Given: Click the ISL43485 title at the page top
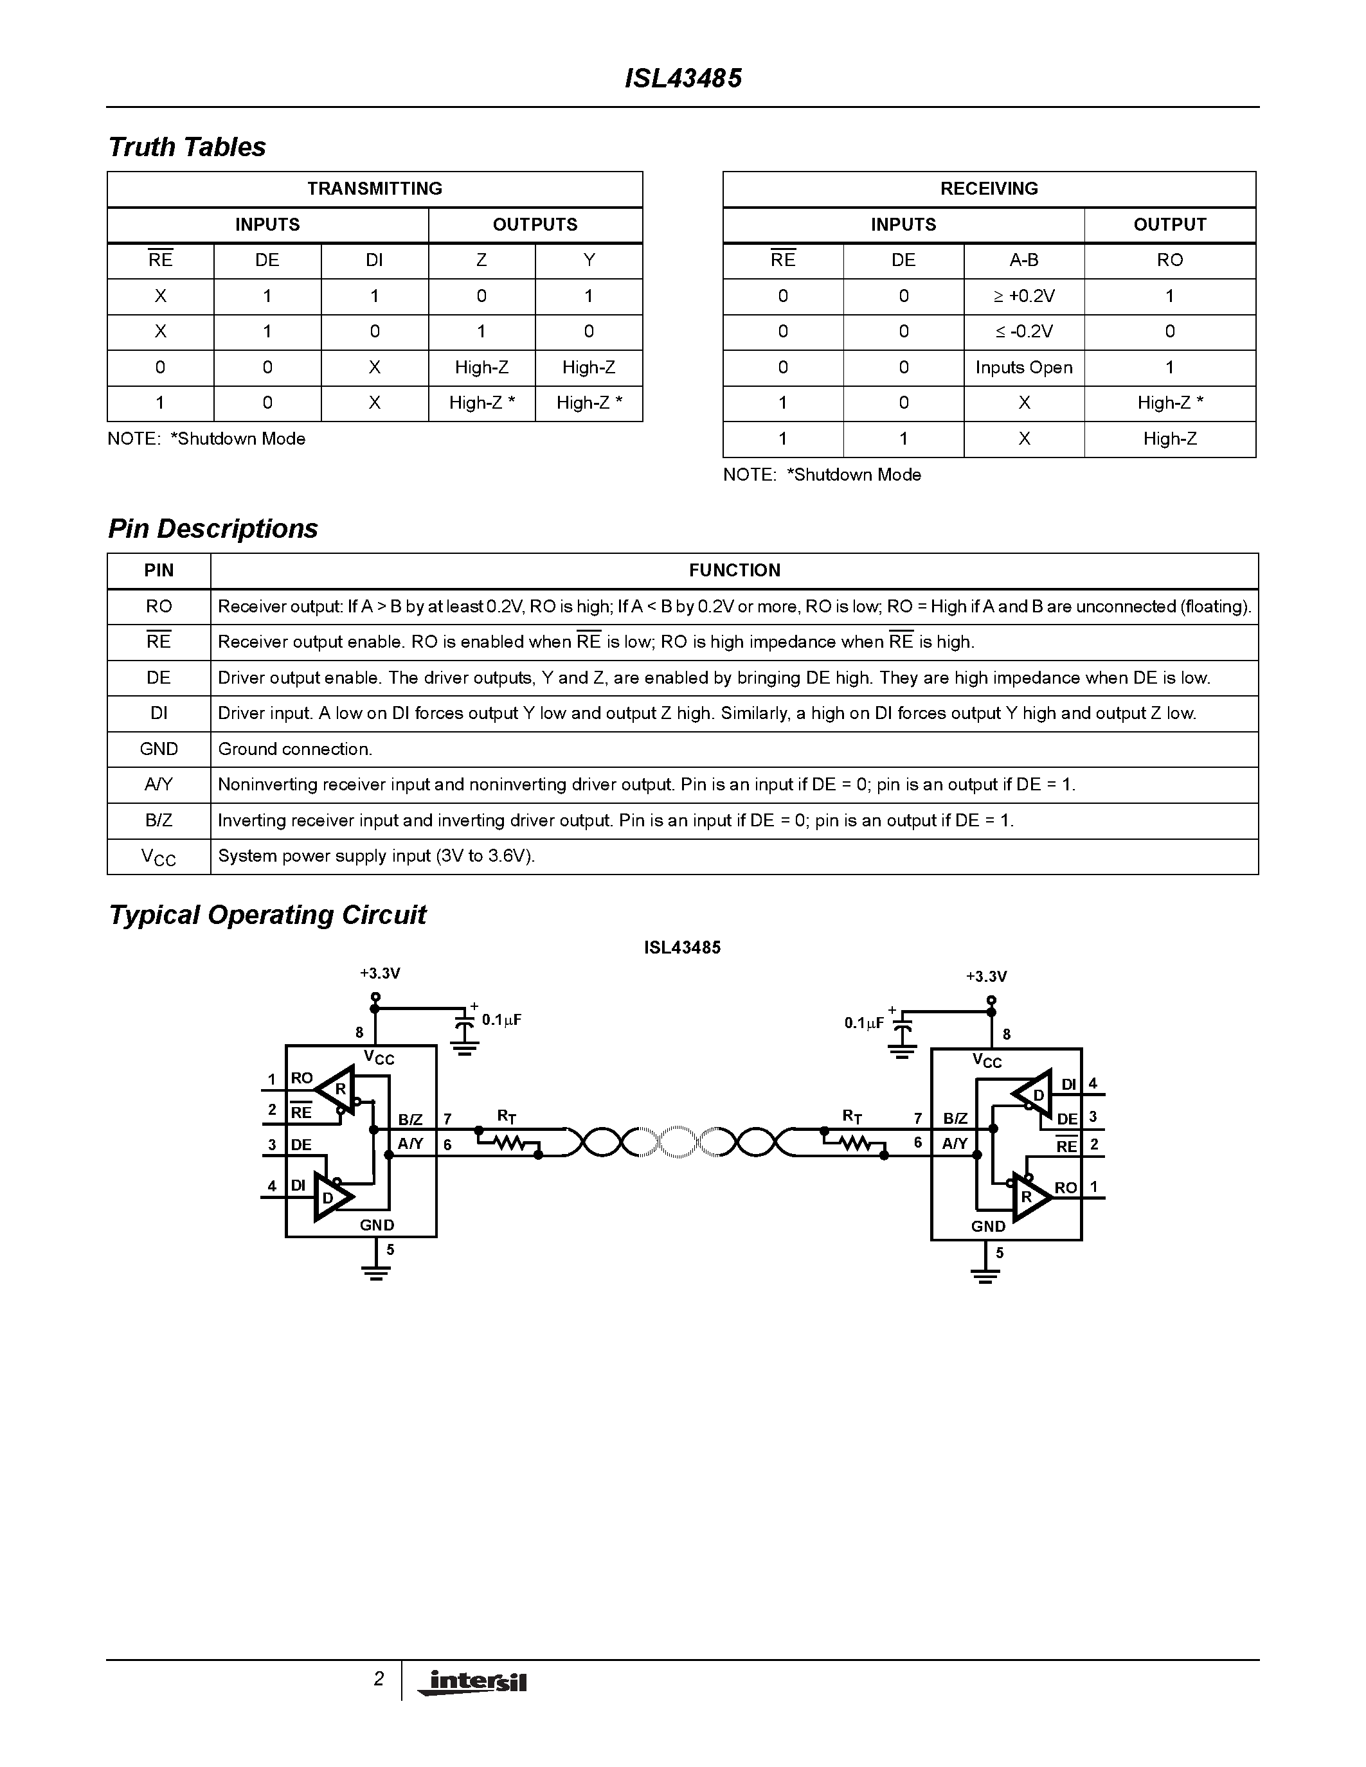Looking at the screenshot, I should pos(683,78).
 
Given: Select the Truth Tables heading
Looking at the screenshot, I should pos(187,147).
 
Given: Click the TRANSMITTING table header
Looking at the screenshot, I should pos(375,188).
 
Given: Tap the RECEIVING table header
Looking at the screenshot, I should pos(989,188).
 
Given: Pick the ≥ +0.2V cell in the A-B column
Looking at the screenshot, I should pos(1023,296).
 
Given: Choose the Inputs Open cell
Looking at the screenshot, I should pos(1023,368).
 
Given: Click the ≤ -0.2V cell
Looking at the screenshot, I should pos(1023,332).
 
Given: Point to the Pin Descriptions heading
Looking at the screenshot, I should pos(213,528).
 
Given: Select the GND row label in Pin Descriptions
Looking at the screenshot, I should pos(159,749).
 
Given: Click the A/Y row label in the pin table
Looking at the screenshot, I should pos(159,785).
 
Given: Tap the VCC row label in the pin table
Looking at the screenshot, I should pos(159,857).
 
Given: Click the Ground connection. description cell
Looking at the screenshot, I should pos(295,749).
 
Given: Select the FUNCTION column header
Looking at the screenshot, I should pos(734,571).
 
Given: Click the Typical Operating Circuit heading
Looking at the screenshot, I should pos(267,915).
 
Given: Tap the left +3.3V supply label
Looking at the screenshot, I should pos(379,973).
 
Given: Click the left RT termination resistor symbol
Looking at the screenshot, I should pos(508,1143).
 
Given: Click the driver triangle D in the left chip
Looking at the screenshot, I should pos(330,1196).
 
